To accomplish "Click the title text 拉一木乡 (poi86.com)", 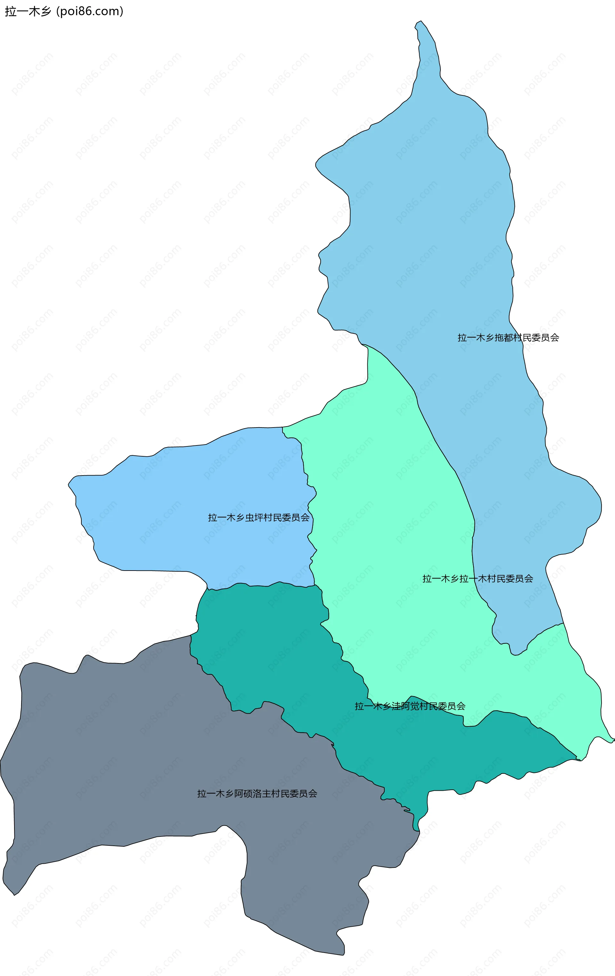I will (64, 11).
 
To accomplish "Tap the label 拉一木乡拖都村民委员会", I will (508, 338).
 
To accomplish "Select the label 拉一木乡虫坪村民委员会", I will (258, 517).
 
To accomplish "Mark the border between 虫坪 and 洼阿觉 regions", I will (260, 586).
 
